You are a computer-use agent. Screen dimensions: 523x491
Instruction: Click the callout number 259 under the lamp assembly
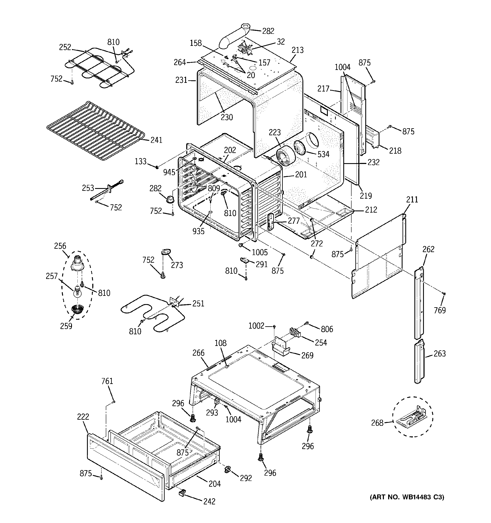pos(66,326)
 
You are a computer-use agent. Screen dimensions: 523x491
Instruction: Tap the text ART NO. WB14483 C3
pos(407,497)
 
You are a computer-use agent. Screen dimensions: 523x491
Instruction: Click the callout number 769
pos(440,310)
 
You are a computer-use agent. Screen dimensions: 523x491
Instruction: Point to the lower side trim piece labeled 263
pos(419,362)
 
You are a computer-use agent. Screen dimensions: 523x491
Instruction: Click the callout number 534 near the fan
pos(323,154)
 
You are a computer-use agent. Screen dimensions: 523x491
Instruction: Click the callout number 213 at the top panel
pos(298,50)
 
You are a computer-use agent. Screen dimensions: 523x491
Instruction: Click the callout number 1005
pos(260,253)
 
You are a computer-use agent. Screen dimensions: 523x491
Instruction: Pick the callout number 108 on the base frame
pos(220,343)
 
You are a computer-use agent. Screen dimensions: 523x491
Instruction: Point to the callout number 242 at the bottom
pos(209,501)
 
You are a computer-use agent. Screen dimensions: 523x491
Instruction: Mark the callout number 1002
pos(256,326)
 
